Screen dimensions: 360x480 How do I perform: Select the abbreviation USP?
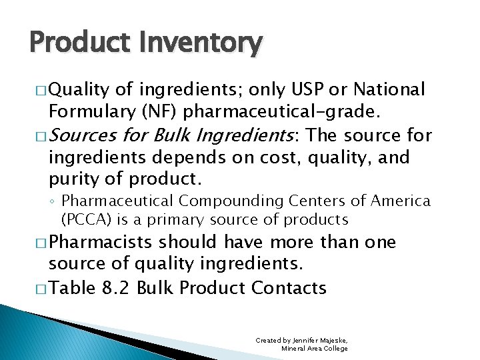(293, 89)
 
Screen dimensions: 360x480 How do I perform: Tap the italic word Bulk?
(175, 136)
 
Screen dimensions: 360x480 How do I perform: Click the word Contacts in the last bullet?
(289, 288)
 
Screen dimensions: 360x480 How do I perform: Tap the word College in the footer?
(334, 349)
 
